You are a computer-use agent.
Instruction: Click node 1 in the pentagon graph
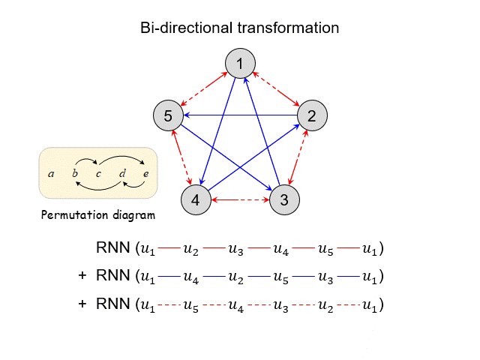(240, 64)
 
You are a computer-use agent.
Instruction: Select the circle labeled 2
(312, 115)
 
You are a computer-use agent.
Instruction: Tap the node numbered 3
(284, 200)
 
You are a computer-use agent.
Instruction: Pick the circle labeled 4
(196, 200)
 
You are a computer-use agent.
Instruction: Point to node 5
(168, 115)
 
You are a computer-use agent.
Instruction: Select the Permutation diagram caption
(97, 216)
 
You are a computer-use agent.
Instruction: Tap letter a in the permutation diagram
(51, 174)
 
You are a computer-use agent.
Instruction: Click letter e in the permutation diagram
(145, 174)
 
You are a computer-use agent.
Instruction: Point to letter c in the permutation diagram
(98, 174)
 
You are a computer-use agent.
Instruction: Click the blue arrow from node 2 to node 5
(240, 115)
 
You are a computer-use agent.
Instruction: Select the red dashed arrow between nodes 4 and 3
(240, 200)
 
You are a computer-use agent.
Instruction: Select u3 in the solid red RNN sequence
(235, 248)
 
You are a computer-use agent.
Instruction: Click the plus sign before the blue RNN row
(82, 276)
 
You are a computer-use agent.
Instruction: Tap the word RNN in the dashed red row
(112, 304)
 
